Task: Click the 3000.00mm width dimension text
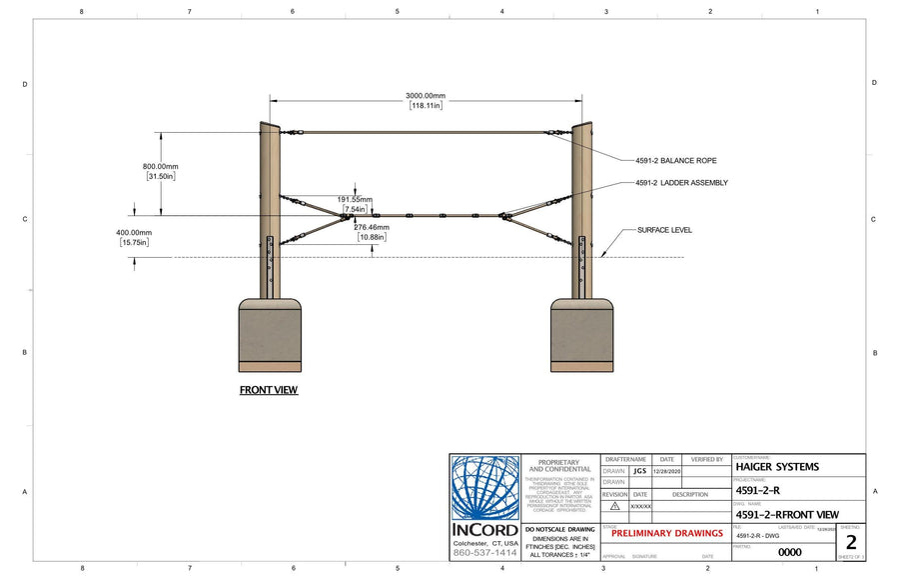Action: click(x=426, y=95)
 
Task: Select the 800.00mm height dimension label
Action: click(x=160, y=167)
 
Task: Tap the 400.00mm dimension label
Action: click(x=135, y=231)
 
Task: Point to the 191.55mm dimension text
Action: click(x=354, y=199)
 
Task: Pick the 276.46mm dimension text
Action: click(x=372, y=227)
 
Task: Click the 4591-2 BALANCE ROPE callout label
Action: click(x=675, y=160)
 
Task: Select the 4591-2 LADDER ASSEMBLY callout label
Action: click(x=681, y=183)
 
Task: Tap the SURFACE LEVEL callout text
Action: click(x=664, y=230)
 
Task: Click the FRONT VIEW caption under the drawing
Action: click(x=268, y=390)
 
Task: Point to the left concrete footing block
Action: click(x=270, y=334)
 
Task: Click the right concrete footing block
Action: click(x=581, y=334)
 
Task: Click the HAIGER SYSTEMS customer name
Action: click(x=776, y=466)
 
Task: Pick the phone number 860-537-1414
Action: click(x=485, y=552)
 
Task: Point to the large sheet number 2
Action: click(x=850, y=543)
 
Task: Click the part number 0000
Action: click(x=789, y=551)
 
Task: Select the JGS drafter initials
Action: click(x=639, y=471)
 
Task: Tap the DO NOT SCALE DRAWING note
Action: click(x=559, y=529)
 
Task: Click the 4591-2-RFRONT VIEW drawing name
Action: click(x=786, y=513)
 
